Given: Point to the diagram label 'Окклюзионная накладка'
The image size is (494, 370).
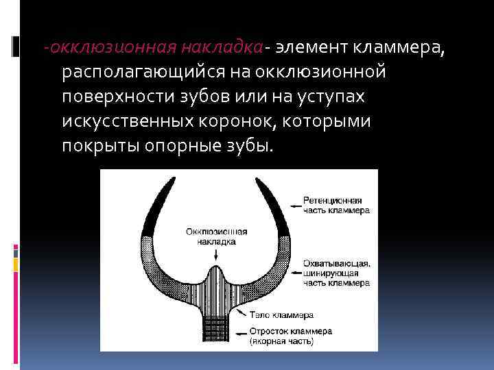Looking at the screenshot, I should click(x=216, y=236).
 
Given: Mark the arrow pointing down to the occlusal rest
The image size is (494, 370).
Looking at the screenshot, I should click(x=217, y=254).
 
